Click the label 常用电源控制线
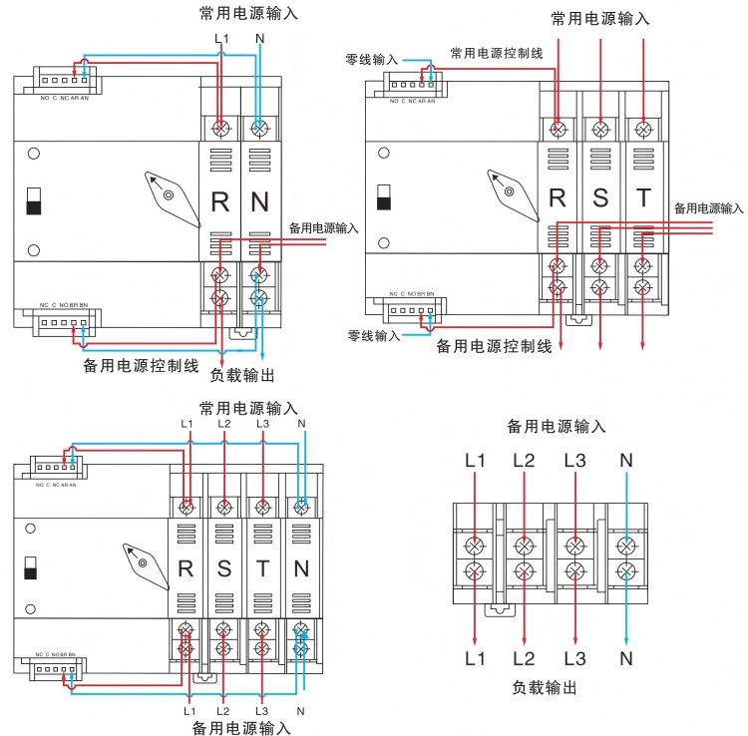[x=497, y=53]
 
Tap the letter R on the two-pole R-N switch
[x=220, y=202]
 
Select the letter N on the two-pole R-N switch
[x=259, y=202]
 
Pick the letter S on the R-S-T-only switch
[x=600, y=197]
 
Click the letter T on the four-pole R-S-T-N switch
[x=262, y=569]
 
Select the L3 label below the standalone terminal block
[x=574, y=658]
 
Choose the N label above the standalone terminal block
[x=625, y=461]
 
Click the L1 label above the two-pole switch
[x=221, y=39]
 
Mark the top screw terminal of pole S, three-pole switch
[x=600, y=129]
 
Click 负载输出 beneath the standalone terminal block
[x=545, y=688]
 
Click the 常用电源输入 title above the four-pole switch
[x=248, y=408]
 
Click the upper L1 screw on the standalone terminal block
[x=476, y=547]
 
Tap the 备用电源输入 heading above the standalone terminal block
[x=557, y=427]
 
